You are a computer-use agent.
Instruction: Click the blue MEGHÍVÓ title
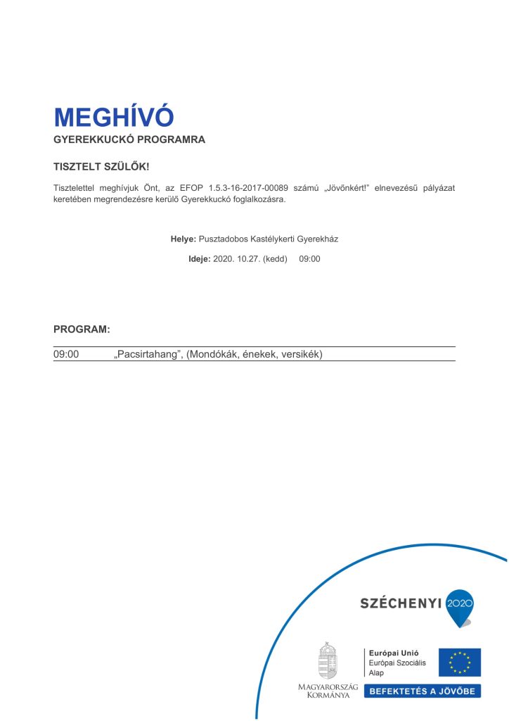[x=113, y=117]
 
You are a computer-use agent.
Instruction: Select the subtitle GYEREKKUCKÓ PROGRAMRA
[x=129, y=139]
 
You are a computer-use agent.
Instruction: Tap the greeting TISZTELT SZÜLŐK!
[x=101, y=167]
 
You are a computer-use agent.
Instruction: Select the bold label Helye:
[x=183, y=239]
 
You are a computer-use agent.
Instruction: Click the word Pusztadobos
[x=224, y=239]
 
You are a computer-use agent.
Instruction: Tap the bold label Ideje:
[x=199, y=258]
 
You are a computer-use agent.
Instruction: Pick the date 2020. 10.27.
[x=236, y=258]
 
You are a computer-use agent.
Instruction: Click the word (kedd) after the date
[x=275, y=258]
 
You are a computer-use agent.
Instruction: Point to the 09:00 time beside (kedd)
[x=309, y=258]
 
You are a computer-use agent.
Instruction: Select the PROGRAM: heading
[x=82, y=329]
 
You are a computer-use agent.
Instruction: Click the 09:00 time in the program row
[x=66, y=354]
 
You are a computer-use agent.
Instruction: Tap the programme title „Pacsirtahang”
[x=148, y=354]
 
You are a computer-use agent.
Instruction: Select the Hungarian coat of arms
[x=328, y=660]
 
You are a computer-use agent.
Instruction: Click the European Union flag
[x=460, y=662]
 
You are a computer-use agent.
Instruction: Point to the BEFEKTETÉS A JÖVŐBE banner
[x=422, y=691]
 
